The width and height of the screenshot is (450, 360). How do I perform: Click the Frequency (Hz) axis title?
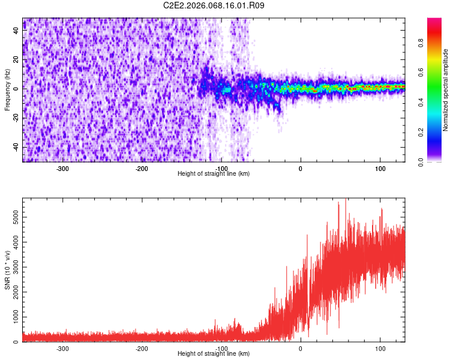pyautogui.click(x=7, y=89)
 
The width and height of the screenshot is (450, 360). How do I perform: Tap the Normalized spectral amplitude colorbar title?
pyautogui.click(x=446, y=90)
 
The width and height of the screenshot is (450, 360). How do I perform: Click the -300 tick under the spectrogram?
pyautogui.click(x=62, y=168)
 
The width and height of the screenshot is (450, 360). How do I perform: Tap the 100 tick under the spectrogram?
pyautogui.click(x=380, y=168)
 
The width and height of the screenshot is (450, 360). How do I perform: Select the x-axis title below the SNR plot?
pyautogui.click(x=214, y=354)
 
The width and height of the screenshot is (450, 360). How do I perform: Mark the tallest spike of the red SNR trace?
pyautogui.click(x=346, y=200)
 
